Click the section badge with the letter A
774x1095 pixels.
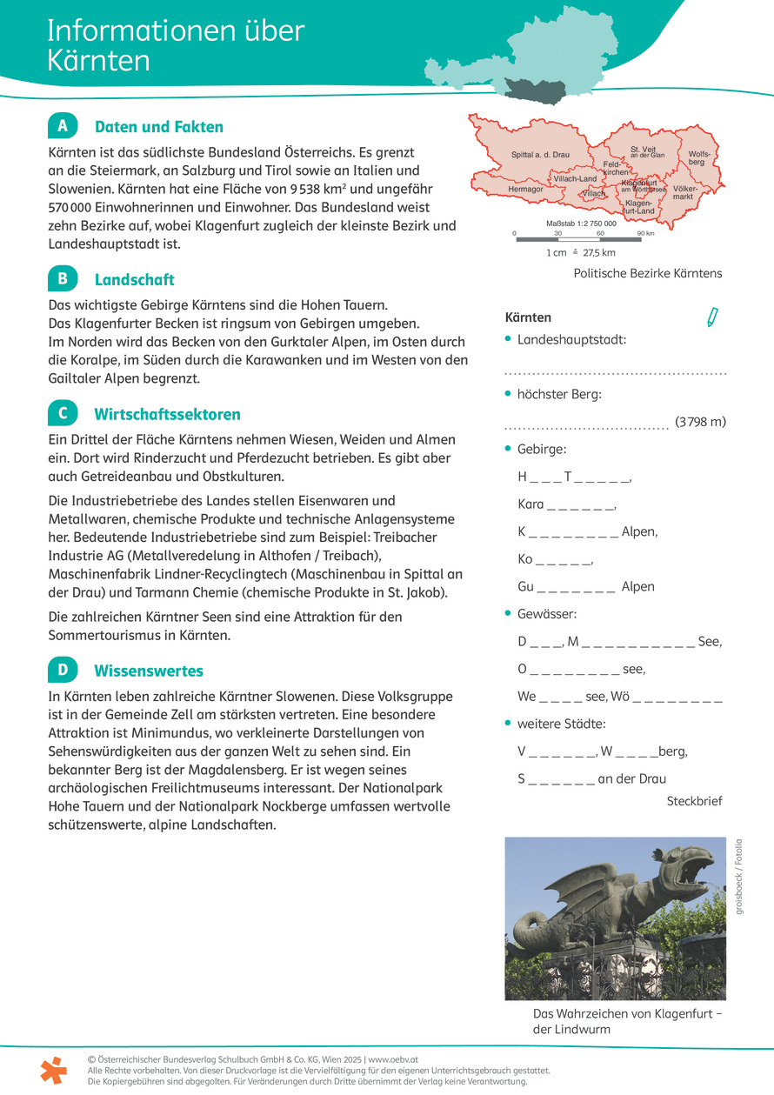point(63,126)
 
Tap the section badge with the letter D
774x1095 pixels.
point(63,670)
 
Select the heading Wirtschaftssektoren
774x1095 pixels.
point(167,414)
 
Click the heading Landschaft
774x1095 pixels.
point(134,279)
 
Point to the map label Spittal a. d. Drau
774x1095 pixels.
point(540,155)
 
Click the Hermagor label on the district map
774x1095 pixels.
point(525,189)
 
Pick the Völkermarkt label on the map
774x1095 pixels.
point(684,192)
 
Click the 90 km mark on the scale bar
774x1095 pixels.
point(645,233)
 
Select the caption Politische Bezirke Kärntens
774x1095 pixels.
point(648,273)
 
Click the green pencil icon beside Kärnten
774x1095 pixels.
point(713,317)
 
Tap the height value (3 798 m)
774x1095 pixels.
point(700,422)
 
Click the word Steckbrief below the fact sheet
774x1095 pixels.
point(694,801)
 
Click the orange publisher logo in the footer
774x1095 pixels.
point(53,1070)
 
